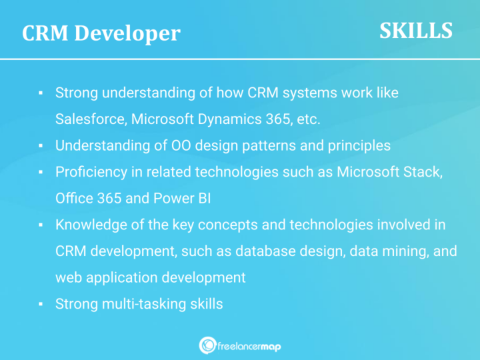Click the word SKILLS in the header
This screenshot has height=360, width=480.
click(x=416, y=30)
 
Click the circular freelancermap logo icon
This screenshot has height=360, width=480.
click(x=207, y=345)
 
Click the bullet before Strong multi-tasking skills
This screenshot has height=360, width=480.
click(x=41, y=305)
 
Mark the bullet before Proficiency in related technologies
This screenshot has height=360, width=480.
click(x=41, y=173)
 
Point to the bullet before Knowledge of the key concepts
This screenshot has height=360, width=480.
click(x=41, y=225)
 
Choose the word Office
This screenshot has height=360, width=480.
click(x=74, y=198)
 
